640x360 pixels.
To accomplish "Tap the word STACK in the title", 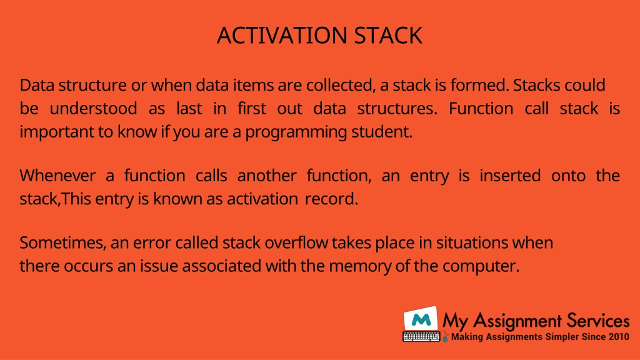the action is point(387,36).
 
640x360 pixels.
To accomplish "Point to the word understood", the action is point(94,109).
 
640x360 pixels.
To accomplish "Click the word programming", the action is point(296,132).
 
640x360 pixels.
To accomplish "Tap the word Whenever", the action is point(57,176).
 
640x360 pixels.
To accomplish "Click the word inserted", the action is point(510,176).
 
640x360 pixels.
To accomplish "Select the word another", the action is point(266,176).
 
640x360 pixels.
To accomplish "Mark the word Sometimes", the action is point(63,243).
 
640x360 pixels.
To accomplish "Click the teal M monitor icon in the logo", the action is point(421,318).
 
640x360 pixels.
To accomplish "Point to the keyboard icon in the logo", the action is point(422,337).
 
